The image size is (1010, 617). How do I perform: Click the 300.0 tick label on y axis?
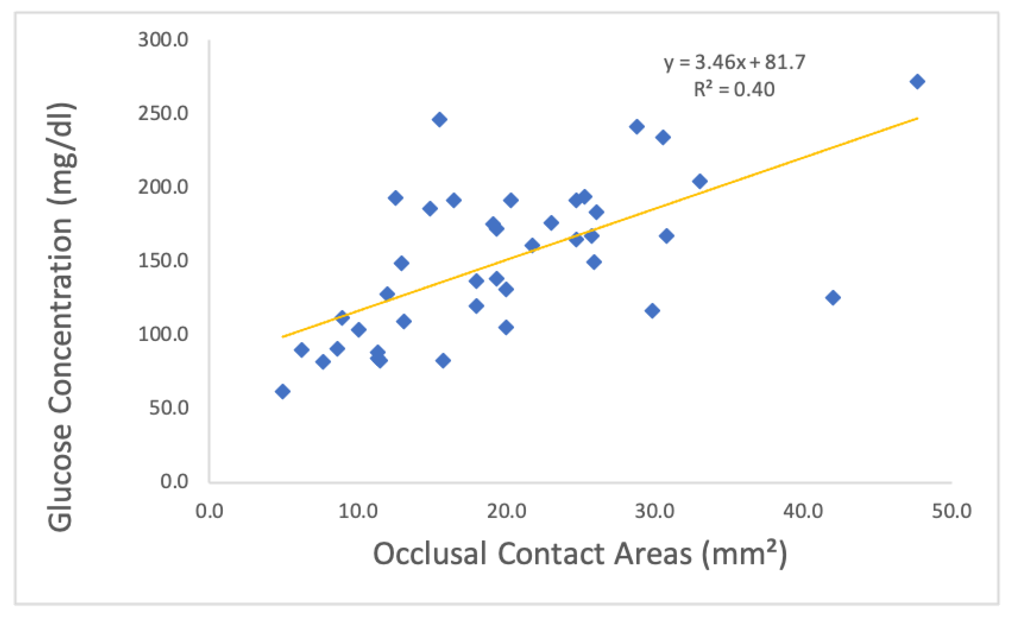click(x=163, y=40)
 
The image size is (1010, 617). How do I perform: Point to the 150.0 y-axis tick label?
click(x=163, y=261)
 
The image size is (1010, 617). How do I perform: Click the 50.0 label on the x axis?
click(x=951, y=511)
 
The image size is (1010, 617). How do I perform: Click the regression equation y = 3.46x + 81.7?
click(x=735, y=62)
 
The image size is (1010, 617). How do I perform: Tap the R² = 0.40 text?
click(x=734, y=89)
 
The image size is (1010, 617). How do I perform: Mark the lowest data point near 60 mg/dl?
click(x=282, y=391)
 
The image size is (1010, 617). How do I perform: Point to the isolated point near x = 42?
click(x=833, y=297)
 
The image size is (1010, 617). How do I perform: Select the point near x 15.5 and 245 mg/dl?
click(x=439, y=120)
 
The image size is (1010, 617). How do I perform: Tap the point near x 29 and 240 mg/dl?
click(x=637, y=127)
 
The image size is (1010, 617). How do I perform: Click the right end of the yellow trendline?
click(x=917, y=118)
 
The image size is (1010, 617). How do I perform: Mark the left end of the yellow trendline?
click(x=282, y=337)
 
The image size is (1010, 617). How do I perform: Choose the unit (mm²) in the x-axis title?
click(x=744, y=554)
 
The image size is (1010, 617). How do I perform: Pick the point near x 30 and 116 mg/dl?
click(x=652, y=311)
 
